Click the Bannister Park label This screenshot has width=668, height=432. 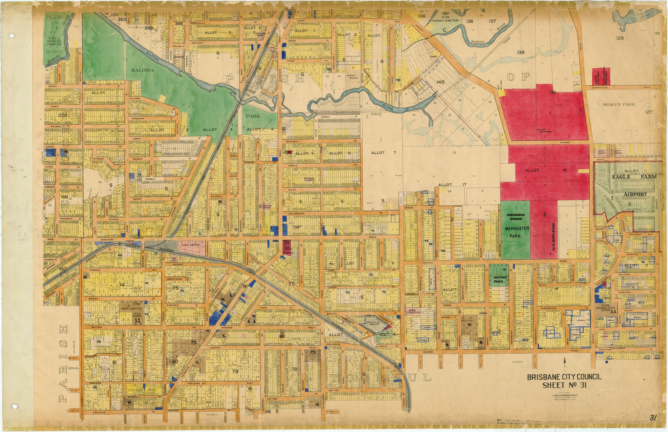tap(514, 232)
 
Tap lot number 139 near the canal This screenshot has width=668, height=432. tap(521, 53)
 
